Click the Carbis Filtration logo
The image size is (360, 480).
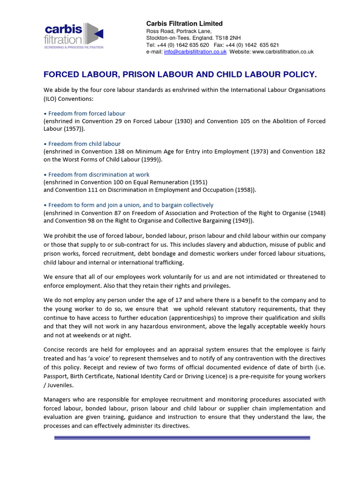(74, 36)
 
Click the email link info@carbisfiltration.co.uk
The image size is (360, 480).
(195, 52)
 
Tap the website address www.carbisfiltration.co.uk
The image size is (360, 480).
(283, 52)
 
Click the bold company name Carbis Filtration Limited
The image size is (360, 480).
(184, 23)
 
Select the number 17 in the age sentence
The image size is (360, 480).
(166, 300)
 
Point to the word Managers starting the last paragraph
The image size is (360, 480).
(58, 400)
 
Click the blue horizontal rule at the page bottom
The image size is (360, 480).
(182, 438)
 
